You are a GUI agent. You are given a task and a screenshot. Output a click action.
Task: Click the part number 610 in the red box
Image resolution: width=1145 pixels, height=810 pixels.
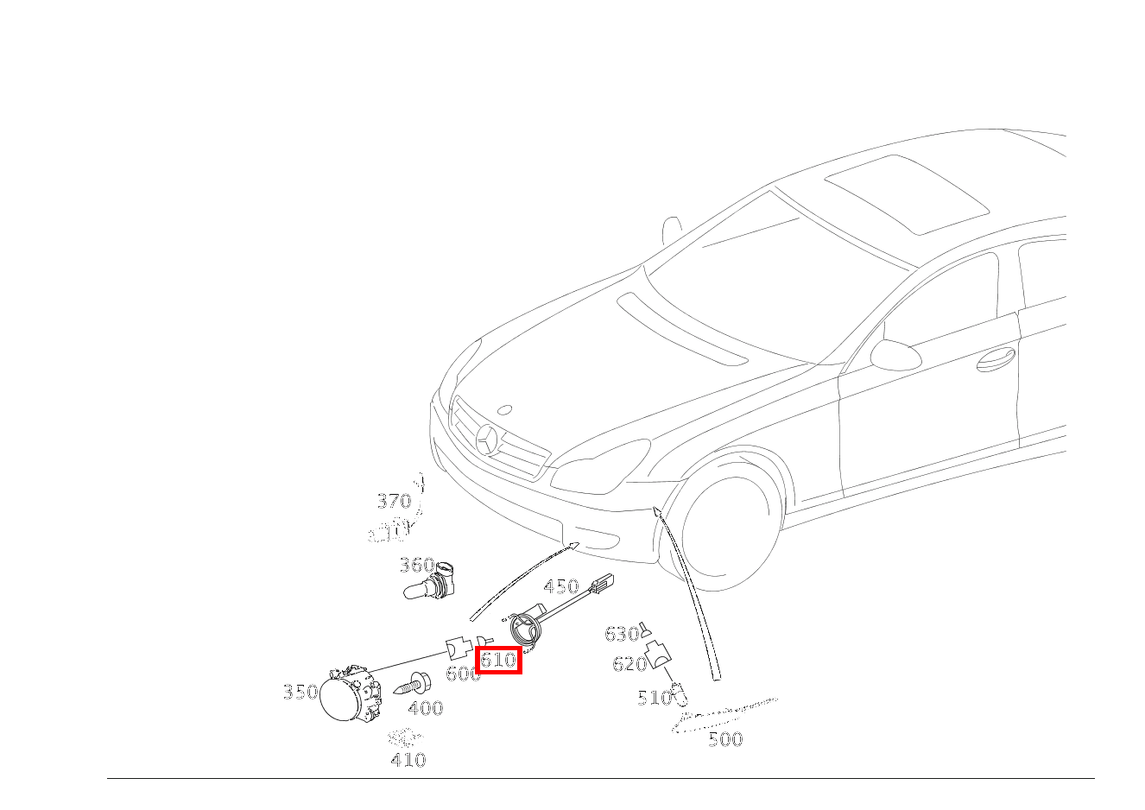[x=498, y=661]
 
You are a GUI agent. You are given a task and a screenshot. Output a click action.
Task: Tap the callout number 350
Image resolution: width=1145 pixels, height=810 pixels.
[x=300, y=693]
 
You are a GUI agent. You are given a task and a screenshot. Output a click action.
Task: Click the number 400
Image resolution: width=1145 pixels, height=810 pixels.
[x=425, y=709]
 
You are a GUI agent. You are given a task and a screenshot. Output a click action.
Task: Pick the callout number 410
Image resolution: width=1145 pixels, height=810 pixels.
[x=408, y=760]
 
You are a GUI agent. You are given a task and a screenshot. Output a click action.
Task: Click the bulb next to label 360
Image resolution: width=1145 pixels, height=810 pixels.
[x=429, y=585]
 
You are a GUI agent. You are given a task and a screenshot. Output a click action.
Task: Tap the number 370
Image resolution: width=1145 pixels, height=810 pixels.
[x=394, y=501]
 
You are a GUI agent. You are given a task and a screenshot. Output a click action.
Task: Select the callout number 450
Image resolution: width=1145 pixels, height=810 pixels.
[x=560, y=587]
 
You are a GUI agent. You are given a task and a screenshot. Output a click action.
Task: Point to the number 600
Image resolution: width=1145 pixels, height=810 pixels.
[x=462, y=674]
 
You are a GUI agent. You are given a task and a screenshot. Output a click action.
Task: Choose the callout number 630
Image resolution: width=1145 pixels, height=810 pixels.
[x=621, y=635]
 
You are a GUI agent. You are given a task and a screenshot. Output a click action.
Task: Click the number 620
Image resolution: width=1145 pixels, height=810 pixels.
[x=629, y=664]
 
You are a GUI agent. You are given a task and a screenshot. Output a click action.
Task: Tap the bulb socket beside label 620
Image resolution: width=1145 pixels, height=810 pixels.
[x=659, y=654]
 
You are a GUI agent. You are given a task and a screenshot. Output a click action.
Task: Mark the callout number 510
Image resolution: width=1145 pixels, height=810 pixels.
[x=654, y=698]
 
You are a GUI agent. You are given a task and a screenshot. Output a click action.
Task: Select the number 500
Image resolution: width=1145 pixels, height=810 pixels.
[x=724, y=739]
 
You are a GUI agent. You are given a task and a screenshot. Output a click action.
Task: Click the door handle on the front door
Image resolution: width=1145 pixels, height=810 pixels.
[x=996, y=358]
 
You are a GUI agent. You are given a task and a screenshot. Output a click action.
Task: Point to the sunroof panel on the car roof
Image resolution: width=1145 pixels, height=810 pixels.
[x=907, y=193]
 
